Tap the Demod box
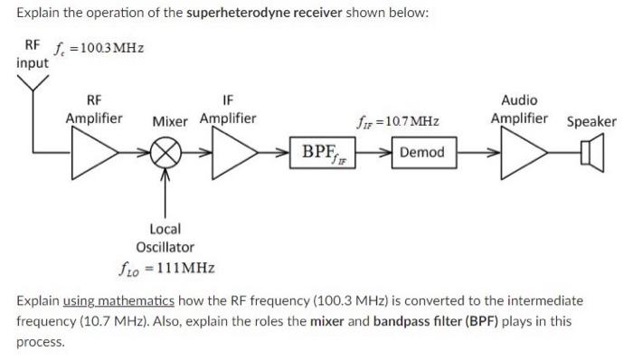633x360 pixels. click(421, 152)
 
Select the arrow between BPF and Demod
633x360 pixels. click(378, 152)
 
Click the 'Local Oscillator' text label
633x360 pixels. click(165, 238)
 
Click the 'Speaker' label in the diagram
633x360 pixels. click(590, 121)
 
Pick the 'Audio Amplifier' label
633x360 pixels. click(520, 109)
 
